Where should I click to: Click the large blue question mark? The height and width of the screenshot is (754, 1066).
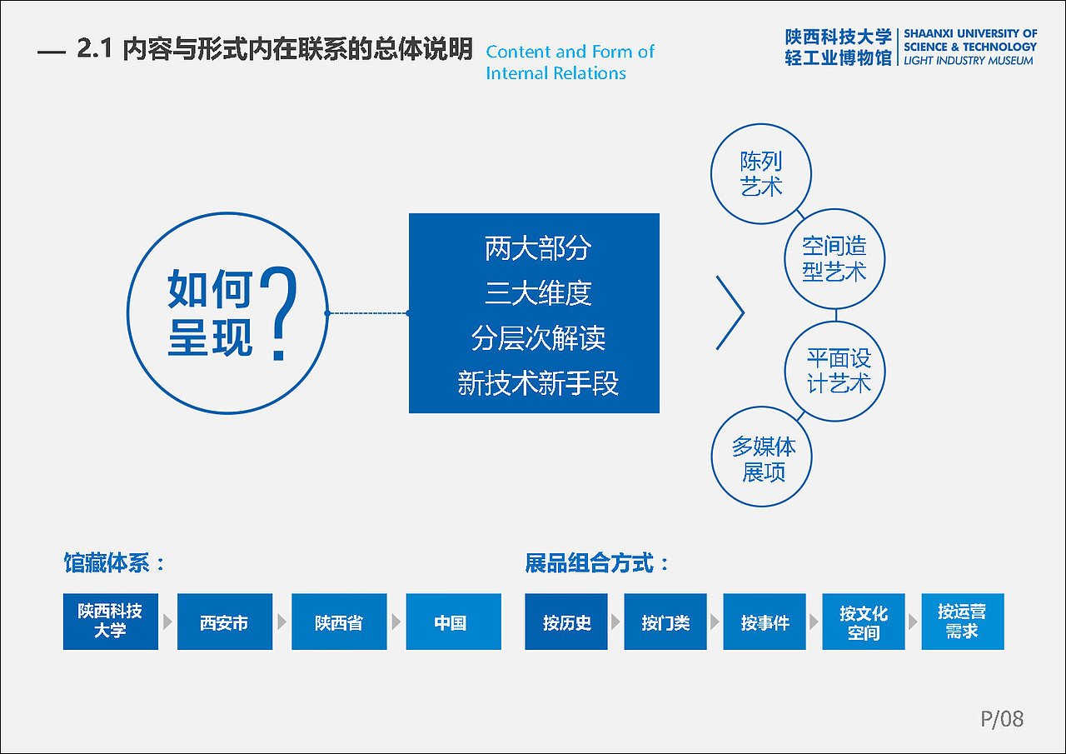(279, 313)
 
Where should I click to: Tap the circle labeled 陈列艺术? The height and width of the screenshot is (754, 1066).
(761, 173)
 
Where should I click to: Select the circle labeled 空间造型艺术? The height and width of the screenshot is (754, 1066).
(834, 258)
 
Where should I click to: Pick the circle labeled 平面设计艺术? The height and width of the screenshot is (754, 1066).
(835, 371)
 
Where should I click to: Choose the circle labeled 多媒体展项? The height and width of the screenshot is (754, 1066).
(761, 457)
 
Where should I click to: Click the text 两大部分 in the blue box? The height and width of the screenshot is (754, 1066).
(537, 248)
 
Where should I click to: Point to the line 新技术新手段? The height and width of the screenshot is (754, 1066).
(537, 383)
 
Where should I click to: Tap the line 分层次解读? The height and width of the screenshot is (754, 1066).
(537, 338)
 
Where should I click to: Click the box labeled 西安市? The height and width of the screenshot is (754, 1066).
(225, 622)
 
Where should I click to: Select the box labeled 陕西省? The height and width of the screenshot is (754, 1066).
(339, 622)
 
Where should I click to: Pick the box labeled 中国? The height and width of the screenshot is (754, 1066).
(453, 622)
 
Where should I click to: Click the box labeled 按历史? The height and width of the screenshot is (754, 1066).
(566, 622)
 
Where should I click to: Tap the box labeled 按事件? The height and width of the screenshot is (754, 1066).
(765, 622)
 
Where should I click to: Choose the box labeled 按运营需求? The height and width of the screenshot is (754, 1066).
(962, 622)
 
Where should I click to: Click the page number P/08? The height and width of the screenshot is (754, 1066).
(1001, 719)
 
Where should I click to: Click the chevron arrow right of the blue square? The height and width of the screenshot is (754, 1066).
(730, 312)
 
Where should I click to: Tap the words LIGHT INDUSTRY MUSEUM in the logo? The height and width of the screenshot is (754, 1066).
(968, 61)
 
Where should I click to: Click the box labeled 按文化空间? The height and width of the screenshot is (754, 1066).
(864, 622)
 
